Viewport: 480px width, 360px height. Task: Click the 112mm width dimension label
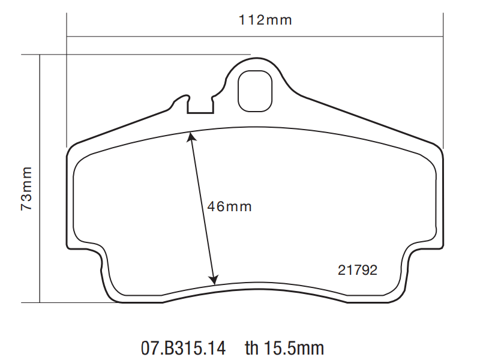tap(265, 20)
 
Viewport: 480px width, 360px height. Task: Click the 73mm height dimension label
tap(26, 188)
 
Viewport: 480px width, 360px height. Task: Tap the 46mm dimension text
tap(230, 206)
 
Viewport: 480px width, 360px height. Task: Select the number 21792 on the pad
tap(358, 270)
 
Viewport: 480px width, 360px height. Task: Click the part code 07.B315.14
tap(183, 348)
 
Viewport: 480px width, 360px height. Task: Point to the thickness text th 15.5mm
tap(284, 348)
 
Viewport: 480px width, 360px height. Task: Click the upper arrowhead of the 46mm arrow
tap(191, 137)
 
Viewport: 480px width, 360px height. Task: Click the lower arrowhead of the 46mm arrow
tap(214, 280)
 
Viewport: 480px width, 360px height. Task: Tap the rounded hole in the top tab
tap(255, 91)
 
